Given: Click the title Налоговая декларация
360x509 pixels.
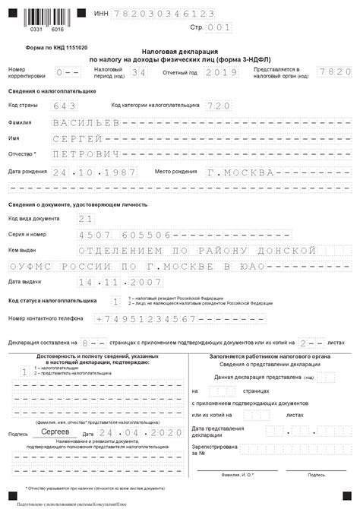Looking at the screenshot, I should point(179,49).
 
